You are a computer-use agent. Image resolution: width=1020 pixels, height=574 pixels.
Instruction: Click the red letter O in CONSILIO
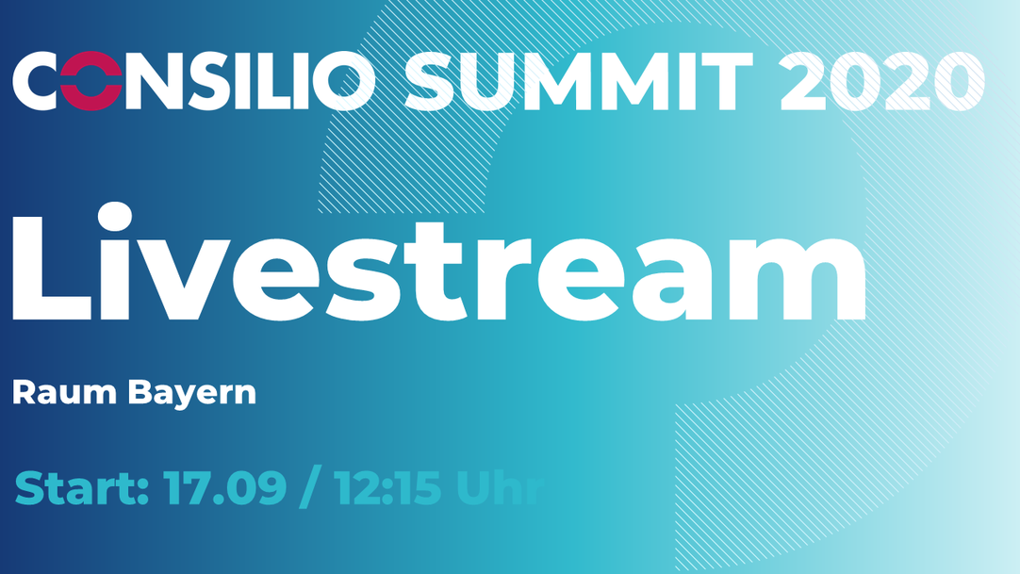(91, 81)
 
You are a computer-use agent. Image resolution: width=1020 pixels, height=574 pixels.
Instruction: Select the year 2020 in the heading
(882, 81)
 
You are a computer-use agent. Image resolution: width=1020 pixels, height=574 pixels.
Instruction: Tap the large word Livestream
(439, 263)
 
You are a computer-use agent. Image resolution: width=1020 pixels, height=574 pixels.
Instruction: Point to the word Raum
(64, 393)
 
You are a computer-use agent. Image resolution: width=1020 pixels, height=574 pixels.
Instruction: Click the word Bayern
(192, 394)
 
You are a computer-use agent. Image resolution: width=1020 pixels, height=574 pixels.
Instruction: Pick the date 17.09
(224, 487)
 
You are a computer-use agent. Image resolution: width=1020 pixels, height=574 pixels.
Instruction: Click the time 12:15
(387, 487)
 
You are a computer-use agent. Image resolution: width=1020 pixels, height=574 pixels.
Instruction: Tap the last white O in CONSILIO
(345, 81)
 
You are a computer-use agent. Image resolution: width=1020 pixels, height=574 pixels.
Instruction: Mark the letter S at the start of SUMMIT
(432, 81)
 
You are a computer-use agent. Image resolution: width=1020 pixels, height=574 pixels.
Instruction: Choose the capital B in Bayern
(140, 393)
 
